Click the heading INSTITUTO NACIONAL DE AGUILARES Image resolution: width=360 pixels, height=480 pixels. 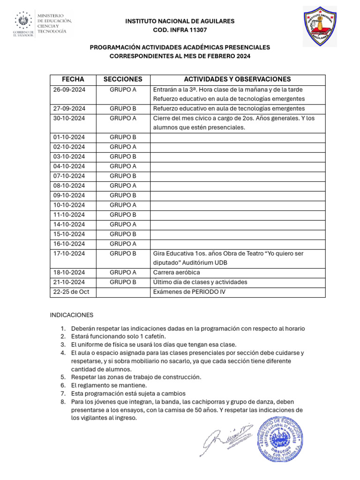click(180, 21)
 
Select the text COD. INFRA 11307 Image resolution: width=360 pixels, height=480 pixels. click(180, 30)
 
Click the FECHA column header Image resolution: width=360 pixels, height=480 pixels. click(73, 80)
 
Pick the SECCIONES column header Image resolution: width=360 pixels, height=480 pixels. click(123, 80)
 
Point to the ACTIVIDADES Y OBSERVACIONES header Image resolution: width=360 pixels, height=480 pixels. click(237, 80)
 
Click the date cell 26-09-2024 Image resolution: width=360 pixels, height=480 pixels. click(69, 90)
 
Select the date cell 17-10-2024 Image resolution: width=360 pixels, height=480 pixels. click(69, 254)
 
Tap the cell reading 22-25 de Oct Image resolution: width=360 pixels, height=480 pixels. click(68, 292)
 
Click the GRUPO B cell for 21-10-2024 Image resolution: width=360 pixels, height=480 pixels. click(123, 282)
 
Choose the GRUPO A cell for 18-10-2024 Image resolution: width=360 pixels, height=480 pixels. click(123, 273)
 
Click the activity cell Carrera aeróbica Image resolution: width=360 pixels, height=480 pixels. click(177, 273)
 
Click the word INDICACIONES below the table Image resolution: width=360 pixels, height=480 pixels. click(72, 315)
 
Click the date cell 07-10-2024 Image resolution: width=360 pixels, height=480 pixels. click(69, 176)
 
